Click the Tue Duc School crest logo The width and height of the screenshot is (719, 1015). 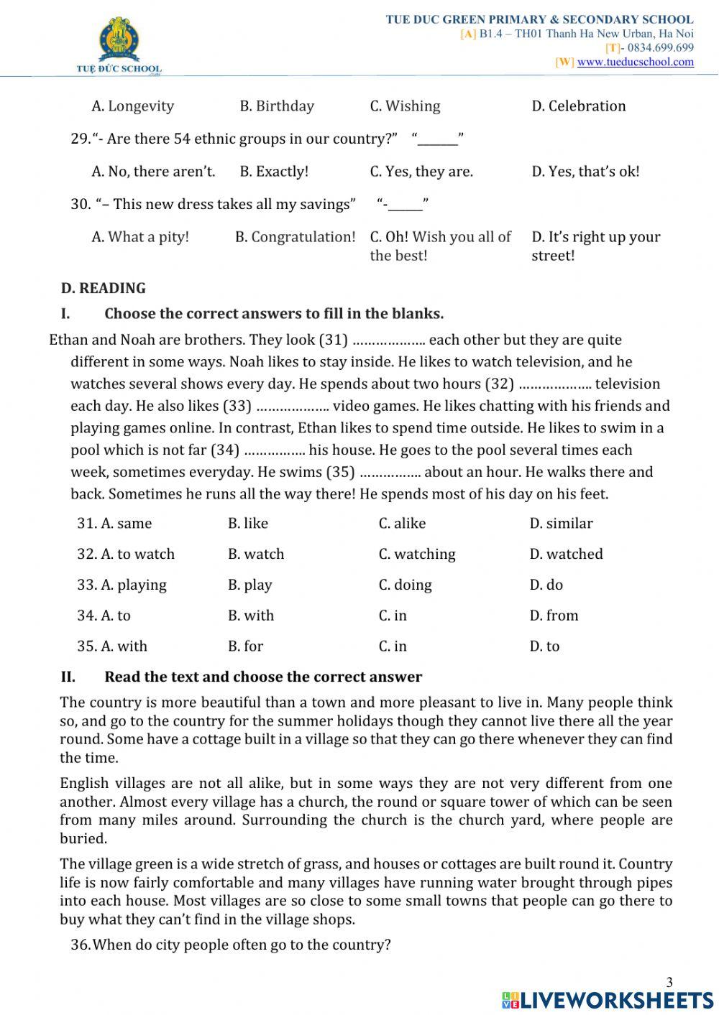tap(119, 43)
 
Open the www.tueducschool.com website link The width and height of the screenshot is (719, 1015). tap(635, 62)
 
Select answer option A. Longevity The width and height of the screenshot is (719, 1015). tap(133, 106)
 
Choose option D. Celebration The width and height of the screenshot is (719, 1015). tap(578, 106)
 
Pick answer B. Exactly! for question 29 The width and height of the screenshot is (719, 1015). tap(274, 172)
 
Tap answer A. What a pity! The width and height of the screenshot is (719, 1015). tap(140, 237)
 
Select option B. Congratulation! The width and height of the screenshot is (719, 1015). tap(295, 237)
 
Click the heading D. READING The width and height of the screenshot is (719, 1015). tap(104, 288)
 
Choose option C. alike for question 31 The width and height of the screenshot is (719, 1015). tap(402, 524)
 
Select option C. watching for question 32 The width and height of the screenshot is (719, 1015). tap(417, 555)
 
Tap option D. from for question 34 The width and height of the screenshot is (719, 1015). tap(554, 616)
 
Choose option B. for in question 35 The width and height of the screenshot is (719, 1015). tap(246, 646)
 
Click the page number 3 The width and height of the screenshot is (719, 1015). tap(669, 983)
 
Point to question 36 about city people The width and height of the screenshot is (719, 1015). tap(231, 945)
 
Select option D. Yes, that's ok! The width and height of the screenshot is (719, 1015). tap(585, 172)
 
